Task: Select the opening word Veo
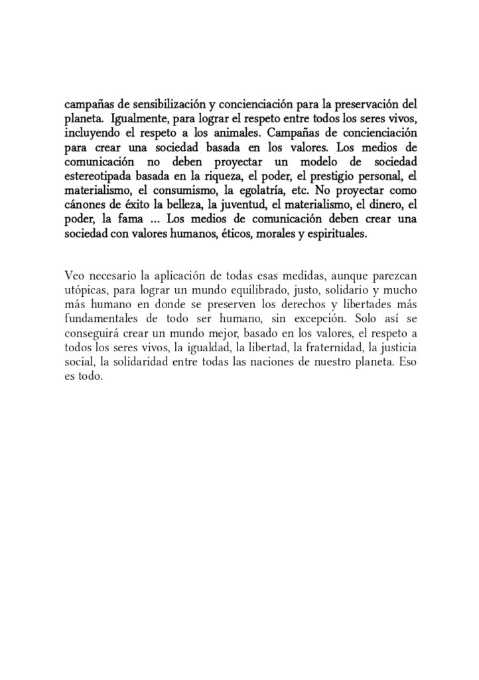pos(74,274)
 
